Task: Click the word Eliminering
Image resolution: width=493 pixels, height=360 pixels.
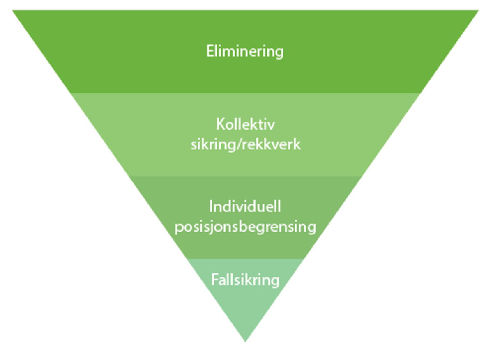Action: click(245, 52)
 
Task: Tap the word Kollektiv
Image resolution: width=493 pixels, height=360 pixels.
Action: click(245, 124)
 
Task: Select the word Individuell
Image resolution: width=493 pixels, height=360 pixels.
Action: click(245, 206)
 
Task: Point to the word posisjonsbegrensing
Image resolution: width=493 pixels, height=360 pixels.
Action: click(245, 227)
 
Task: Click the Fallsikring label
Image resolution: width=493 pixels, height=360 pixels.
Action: click(245, 280)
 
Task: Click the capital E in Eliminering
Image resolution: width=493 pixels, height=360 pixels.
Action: click(210, 52)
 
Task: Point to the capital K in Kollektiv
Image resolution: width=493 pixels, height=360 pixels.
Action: click(219, 124)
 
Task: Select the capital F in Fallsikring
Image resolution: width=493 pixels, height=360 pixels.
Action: click(214, 280)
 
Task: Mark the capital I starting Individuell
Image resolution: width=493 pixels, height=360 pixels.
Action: click(211, 206)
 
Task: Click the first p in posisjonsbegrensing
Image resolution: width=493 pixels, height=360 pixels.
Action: click(179, 228)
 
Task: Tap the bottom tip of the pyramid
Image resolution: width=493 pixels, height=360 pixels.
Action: click(245, 341)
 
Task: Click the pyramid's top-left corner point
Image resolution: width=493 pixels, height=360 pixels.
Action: click(13, 11)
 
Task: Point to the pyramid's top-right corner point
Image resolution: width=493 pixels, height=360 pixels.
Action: click(478, 11)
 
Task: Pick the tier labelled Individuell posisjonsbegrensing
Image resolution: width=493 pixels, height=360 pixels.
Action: click(245, 246)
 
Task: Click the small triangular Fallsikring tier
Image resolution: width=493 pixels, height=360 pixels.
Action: click(245, 304)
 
